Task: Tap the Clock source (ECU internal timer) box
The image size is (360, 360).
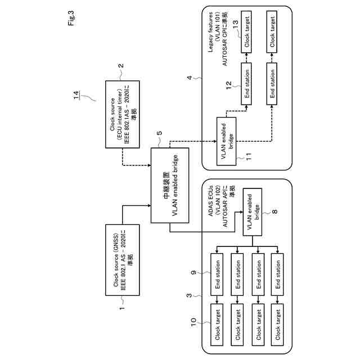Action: click(x=122, y=114)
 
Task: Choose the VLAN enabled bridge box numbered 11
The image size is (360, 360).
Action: click(x=226, y=141)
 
